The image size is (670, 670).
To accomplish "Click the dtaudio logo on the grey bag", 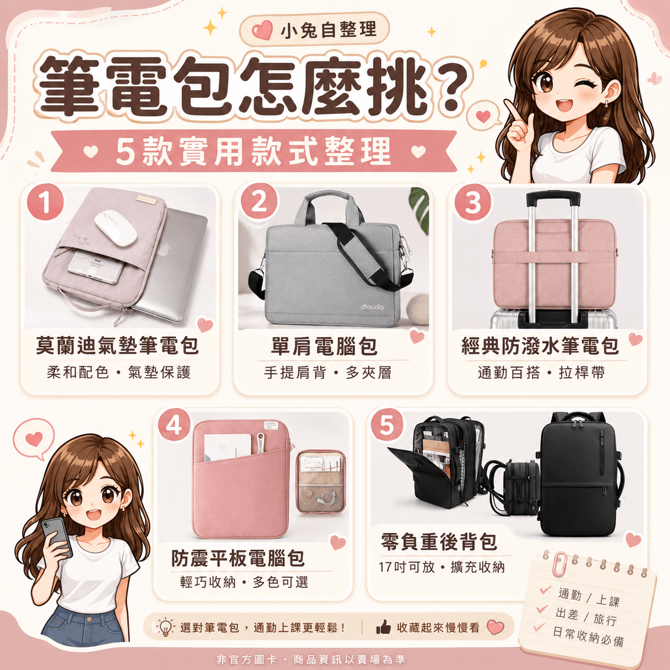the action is click(372, 307).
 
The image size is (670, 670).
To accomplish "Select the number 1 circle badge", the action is click(45, 202).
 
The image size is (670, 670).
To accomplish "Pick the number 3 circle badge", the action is click(472, 202).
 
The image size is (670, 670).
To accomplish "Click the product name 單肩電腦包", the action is click(324, 347).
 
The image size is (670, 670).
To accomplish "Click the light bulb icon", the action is click(165, 628).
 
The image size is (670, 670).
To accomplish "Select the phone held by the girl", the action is click(57, 537).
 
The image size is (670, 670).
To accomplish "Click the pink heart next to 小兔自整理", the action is click(262, 30).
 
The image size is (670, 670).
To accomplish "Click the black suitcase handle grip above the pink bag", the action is click(553, 198).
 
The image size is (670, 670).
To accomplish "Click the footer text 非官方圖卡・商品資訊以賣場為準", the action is click(311, 659).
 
